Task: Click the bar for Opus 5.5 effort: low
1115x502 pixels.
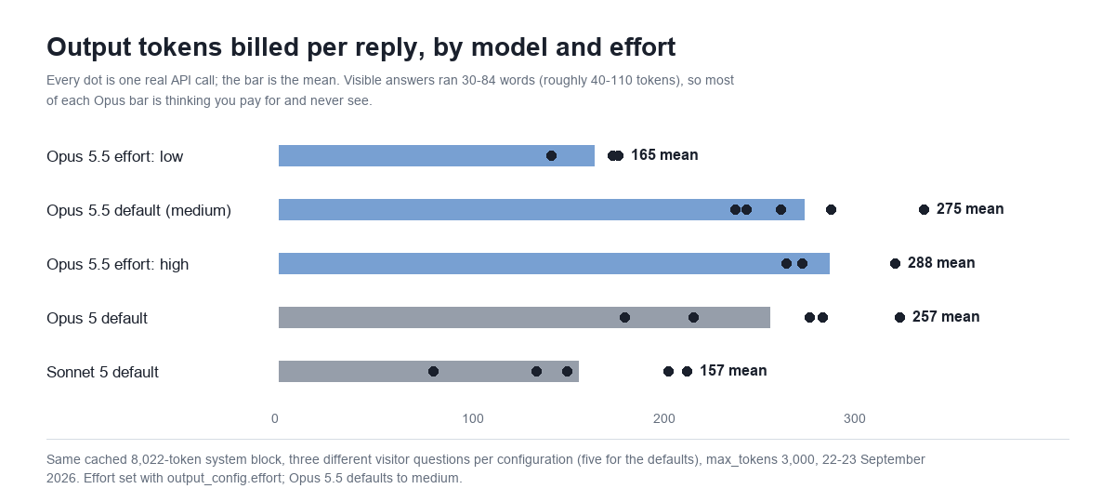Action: coord(437,156)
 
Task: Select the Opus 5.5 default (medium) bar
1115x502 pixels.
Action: coord(542,210)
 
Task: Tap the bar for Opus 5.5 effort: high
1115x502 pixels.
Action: coord(554,263)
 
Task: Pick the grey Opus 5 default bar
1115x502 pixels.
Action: coord(524,317)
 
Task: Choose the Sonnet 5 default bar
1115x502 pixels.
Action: coord(428,372)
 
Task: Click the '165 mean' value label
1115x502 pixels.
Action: coord(664,155)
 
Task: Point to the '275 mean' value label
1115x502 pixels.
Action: coord(970,209)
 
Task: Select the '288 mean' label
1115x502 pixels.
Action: coord(941,263)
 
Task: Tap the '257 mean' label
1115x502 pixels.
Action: coord(946,317)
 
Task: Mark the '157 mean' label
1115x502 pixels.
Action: coord(733,371)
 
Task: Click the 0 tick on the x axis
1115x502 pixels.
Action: coord(275,419)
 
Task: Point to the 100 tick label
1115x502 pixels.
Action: coord(473,419)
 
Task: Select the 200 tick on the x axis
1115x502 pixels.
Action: coord(664,419)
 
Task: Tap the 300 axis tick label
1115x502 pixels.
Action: coord(855,419)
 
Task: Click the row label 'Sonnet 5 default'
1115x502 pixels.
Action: coord(102,372)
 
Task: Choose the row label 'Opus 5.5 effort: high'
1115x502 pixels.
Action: coord(117,264)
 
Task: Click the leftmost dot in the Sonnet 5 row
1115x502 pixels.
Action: coord(434,372)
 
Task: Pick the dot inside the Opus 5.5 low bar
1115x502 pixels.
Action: coord(551,156)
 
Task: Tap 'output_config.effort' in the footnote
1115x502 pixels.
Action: coord(225,479)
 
